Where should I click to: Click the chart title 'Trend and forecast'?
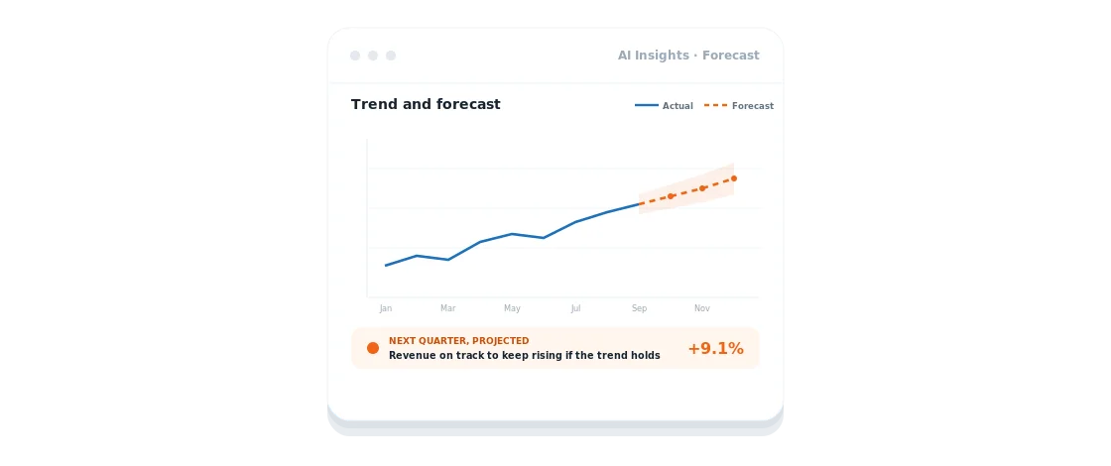[426, 105]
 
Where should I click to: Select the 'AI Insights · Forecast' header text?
[688, 56]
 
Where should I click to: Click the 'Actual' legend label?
[678, 106]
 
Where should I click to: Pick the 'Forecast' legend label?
[753, 106]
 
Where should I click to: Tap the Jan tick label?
[386, 308]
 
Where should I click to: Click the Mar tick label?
[447, 308]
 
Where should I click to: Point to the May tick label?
[512, 308]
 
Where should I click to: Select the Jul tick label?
[575, 308]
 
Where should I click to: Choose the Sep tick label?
[639, 308]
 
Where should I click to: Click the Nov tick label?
[702, 308]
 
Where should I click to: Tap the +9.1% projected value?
[715, 348]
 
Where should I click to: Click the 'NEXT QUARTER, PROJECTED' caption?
[459, 341]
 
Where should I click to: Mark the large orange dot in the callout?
[373, 348]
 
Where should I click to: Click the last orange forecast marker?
[734, 178]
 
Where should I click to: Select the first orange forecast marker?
[671, 196]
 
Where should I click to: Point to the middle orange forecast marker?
[702, 188]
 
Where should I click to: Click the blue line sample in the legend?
[646, 105]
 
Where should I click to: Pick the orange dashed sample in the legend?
[715, 105]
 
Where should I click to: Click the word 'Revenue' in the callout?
[412, 356]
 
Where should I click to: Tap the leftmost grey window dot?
[355, 56]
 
